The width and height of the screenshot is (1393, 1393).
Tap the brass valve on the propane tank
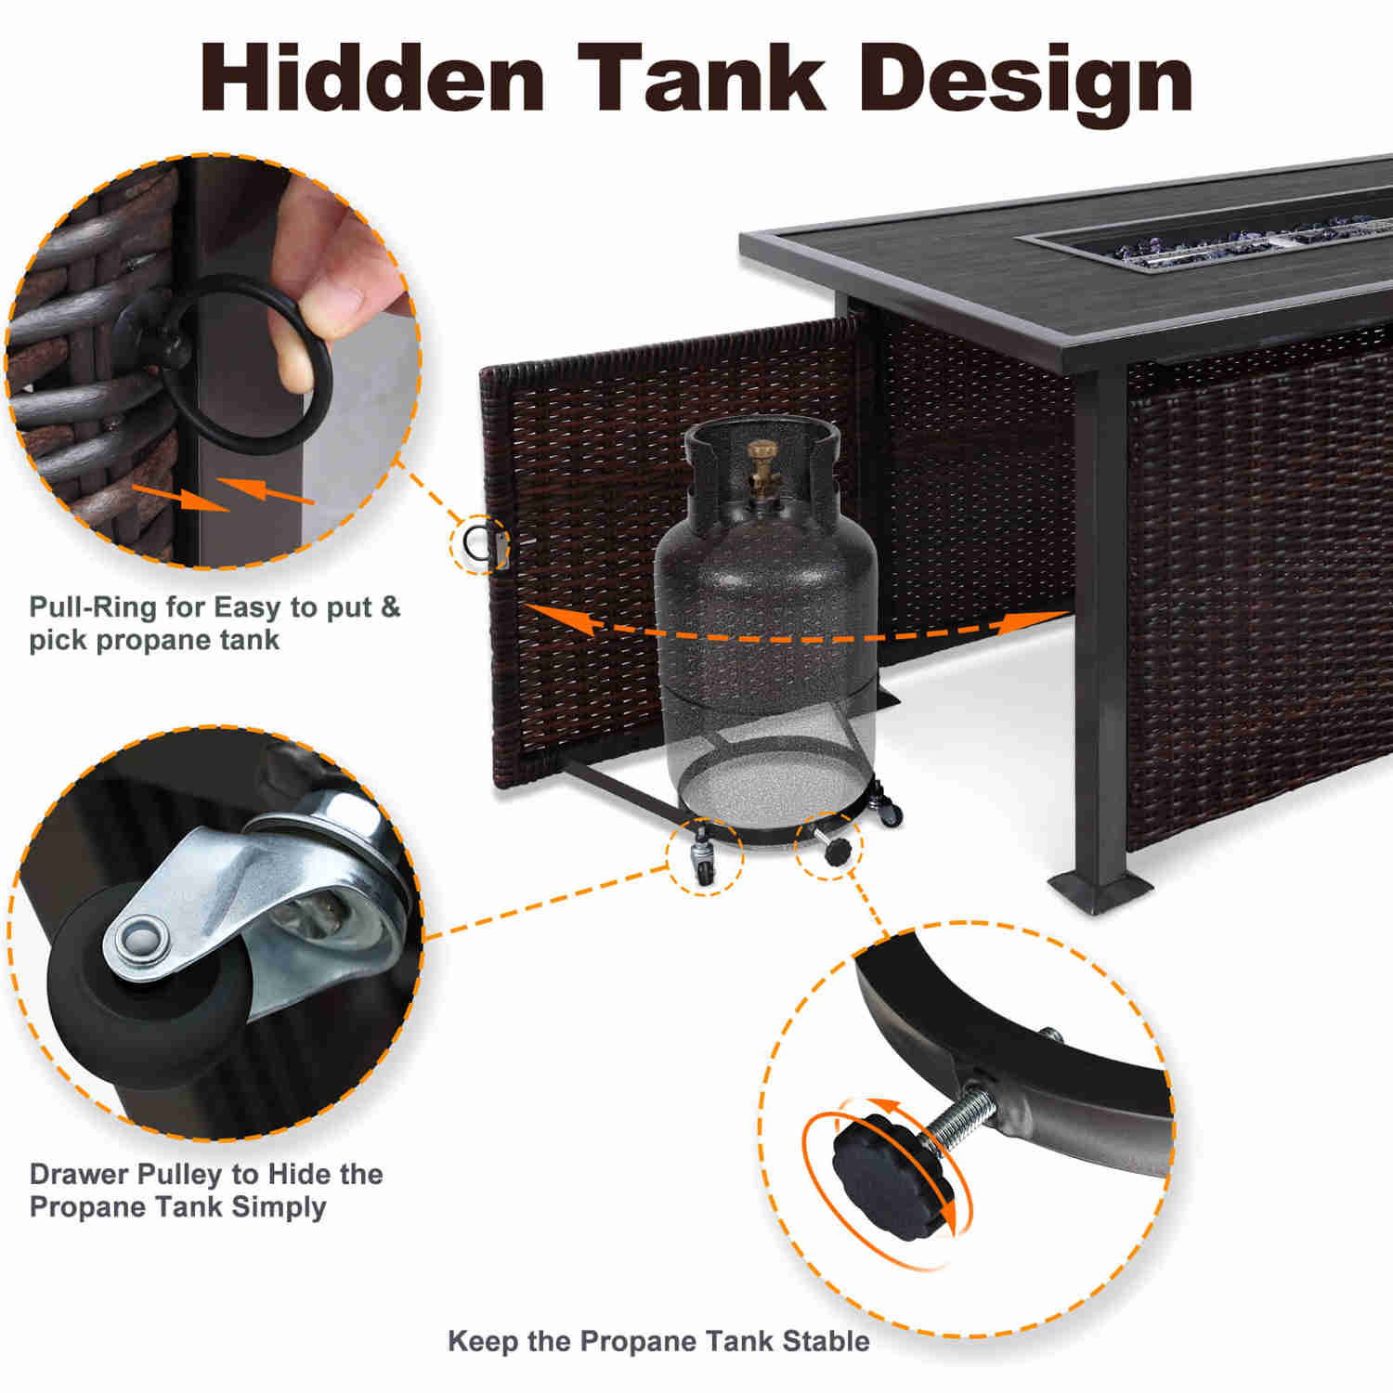[763, 468]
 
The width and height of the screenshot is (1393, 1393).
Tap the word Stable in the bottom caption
[826, 1341]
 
